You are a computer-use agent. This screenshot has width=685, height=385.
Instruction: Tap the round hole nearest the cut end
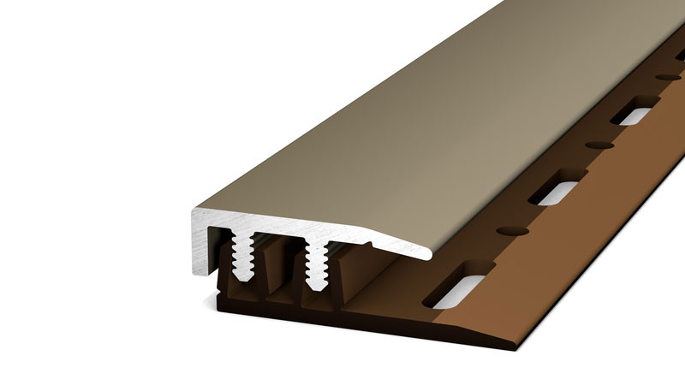tap(512, 231)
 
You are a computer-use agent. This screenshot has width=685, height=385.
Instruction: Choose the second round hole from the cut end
tap(599, 145)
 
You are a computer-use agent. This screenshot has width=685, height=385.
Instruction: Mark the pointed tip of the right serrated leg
tap(317, 287)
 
